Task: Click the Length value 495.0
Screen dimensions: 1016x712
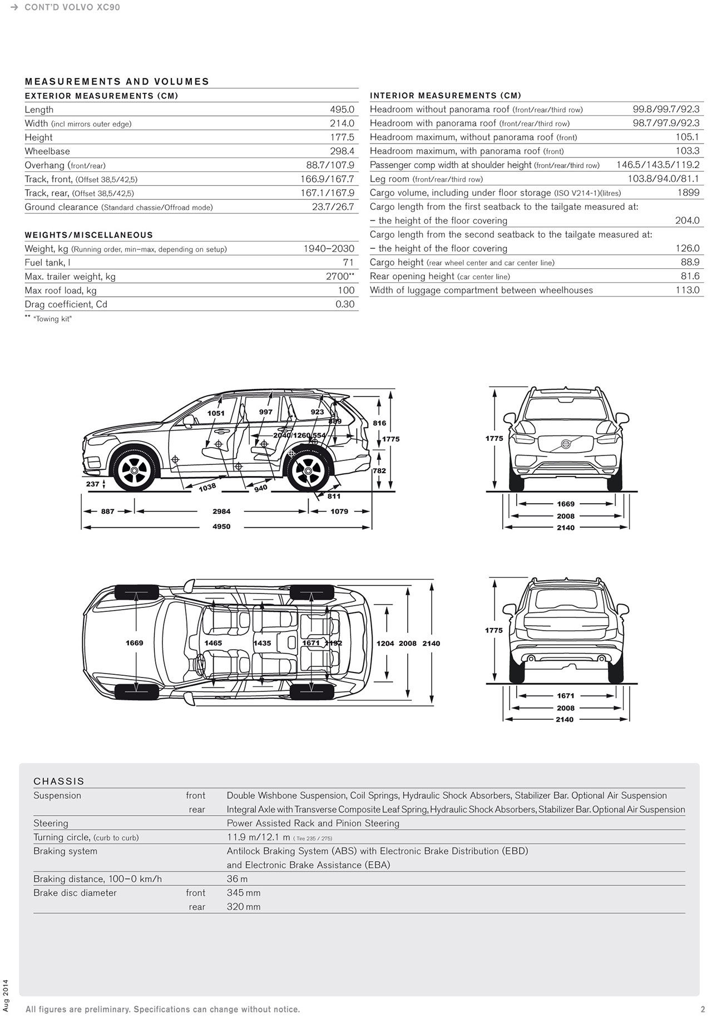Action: [342, 110]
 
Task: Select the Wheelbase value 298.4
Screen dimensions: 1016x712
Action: [342, 151]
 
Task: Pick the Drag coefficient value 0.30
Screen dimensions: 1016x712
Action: [345, 305]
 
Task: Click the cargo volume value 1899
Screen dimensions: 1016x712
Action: [688, 193]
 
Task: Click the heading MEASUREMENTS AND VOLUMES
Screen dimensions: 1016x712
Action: [117, 82]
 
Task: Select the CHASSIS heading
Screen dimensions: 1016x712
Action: [59, 782]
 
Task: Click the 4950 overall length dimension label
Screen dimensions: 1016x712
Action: [221, 527]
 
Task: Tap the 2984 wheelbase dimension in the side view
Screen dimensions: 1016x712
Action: [221, 512]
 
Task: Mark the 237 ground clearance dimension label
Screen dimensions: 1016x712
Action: [92, 484]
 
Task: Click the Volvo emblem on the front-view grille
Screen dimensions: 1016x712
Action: [565, 444]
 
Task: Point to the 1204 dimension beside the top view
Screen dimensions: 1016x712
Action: [385, 644]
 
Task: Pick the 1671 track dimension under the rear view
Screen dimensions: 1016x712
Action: [565, 696]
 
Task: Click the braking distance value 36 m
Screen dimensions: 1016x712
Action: [237, 879]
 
